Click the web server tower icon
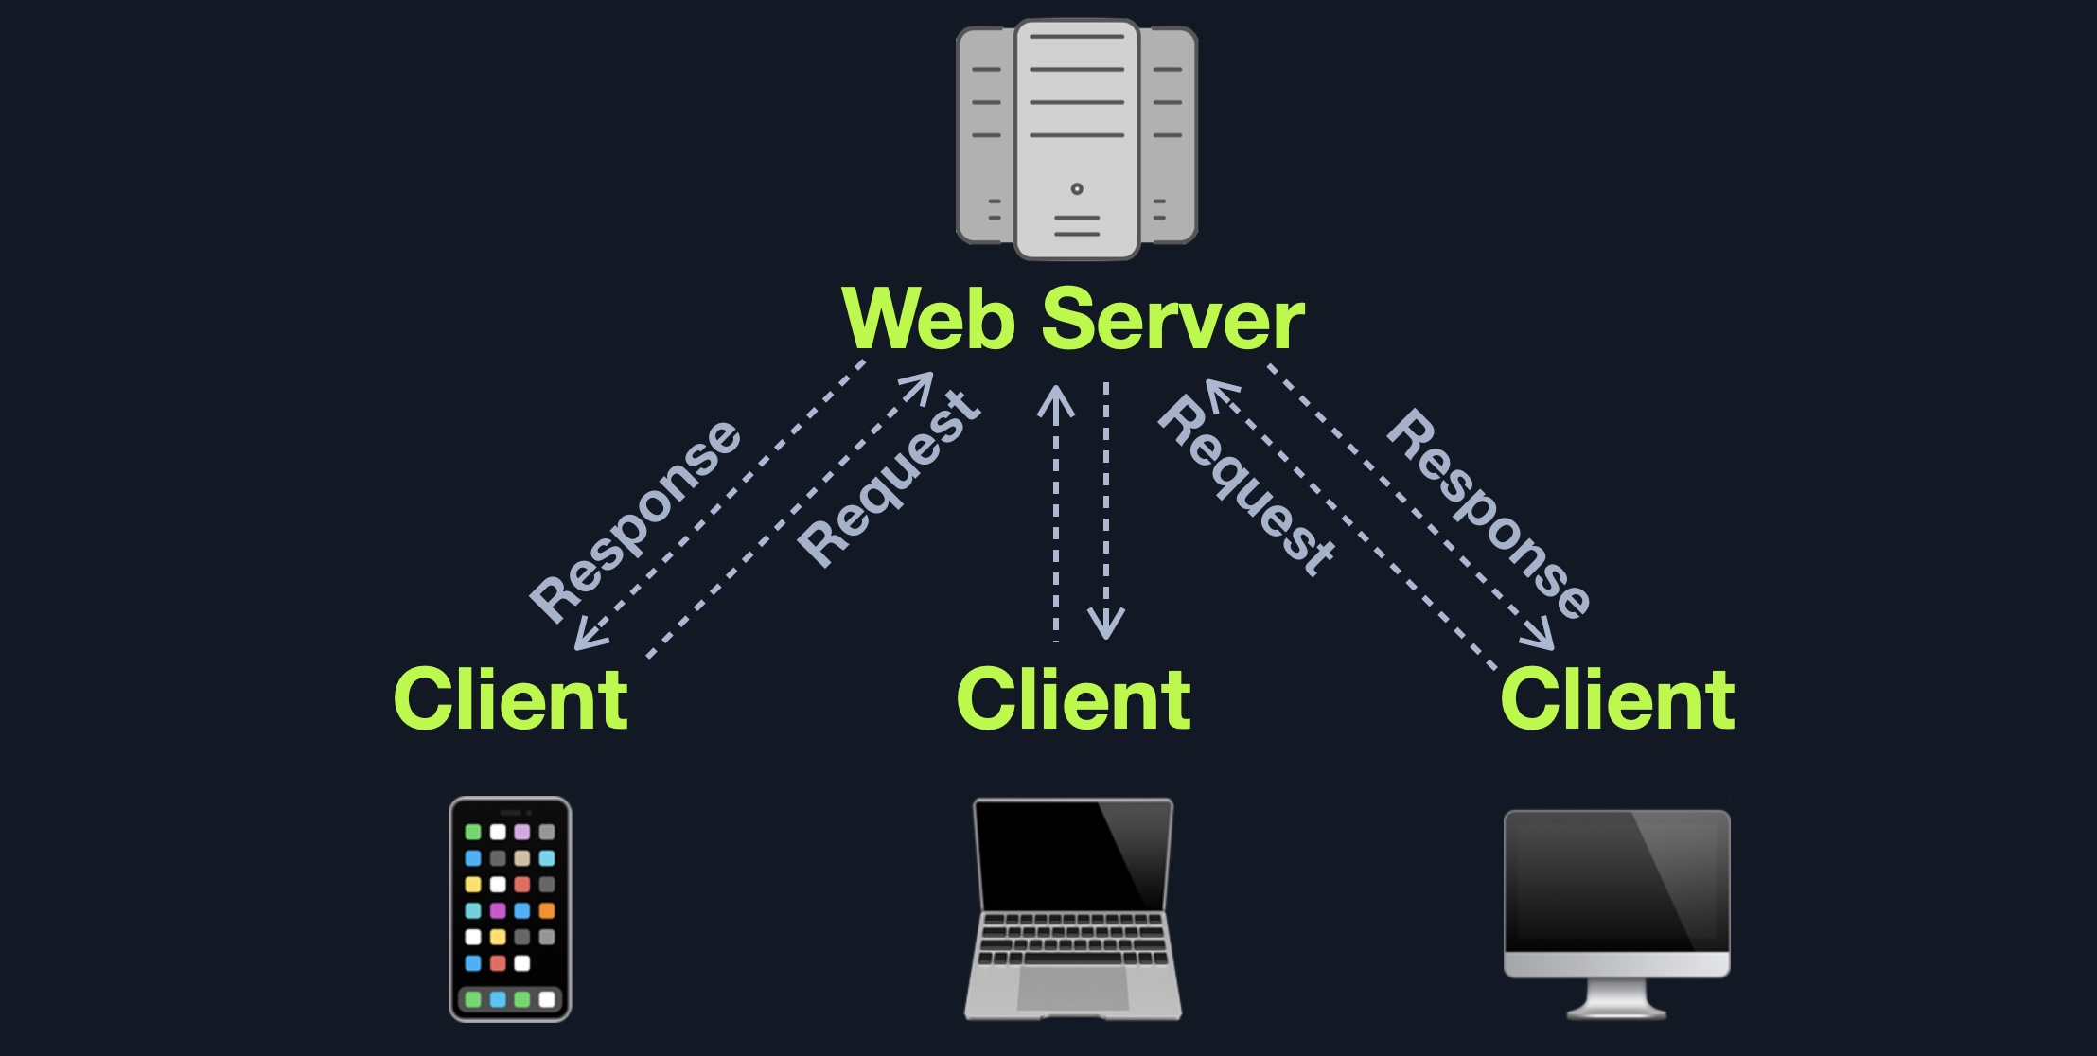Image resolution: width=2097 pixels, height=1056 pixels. tap(1077, 138)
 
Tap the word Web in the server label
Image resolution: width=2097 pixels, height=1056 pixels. tap(928, 320)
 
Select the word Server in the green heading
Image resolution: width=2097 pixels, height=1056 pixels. tap(1173, 320)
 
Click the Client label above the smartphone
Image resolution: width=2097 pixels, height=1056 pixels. tap(510, 699)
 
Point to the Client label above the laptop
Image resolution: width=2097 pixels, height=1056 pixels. tap(1073, 699)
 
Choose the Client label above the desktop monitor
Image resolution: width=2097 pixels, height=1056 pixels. tap(1617, 699)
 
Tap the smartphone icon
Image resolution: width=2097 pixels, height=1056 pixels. tap(510, 908)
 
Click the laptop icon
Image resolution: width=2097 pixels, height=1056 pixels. tap(1073, 908)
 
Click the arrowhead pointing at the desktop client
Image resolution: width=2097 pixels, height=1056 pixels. tap(1541, 636)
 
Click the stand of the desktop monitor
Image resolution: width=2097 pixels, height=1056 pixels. tap(1616, 998)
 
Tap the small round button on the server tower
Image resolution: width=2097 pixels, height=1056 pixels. tap(1077, 189)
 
